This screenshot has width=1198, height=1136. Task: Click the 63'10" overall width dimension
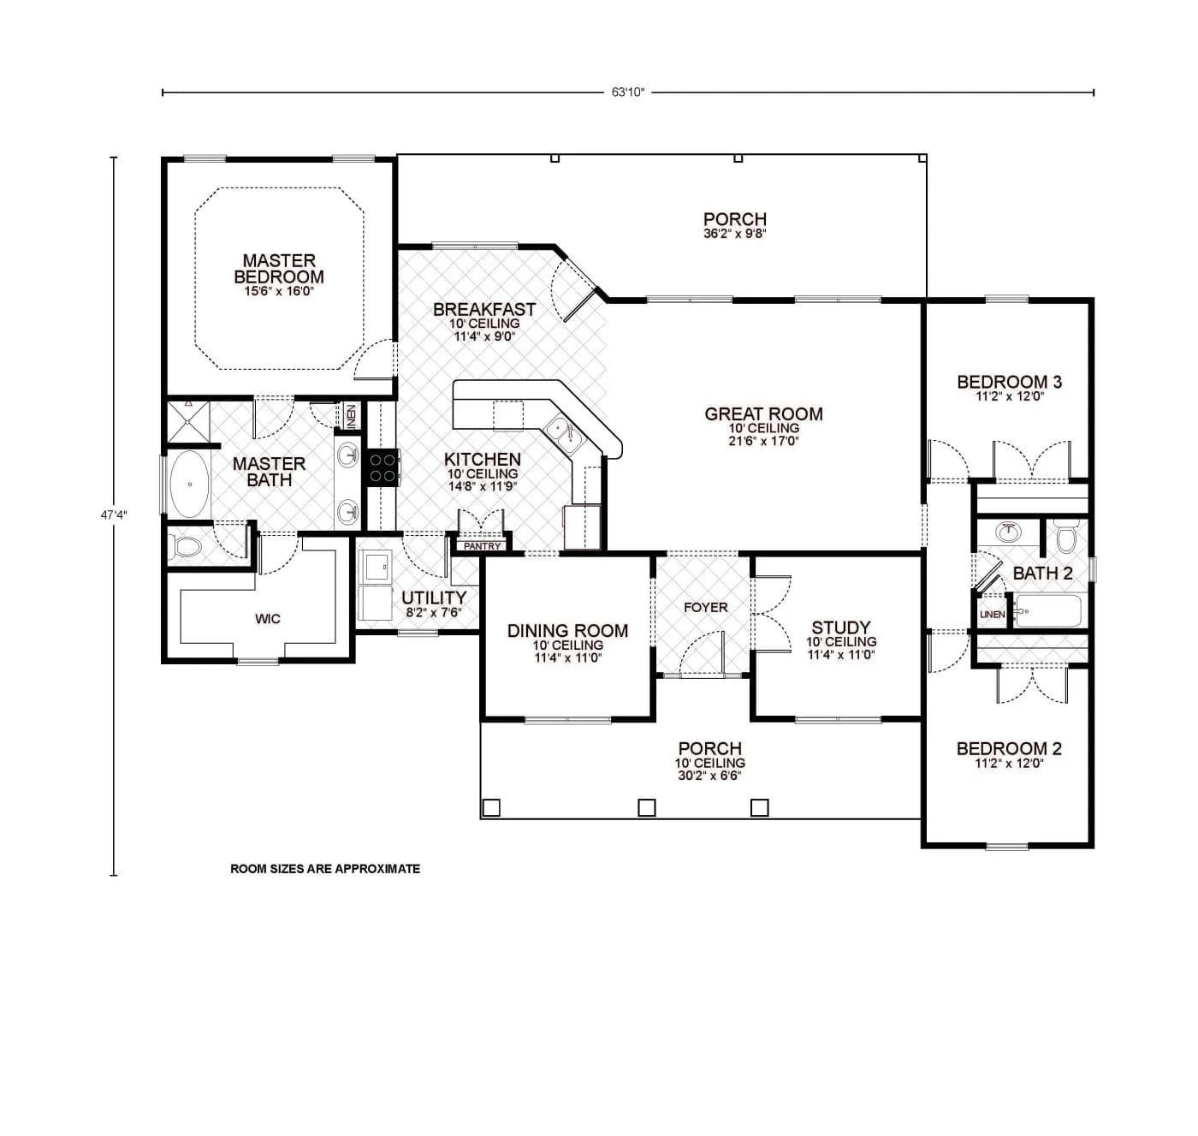pos(626,92)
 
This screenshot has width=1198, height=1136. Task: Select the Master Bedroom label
pos(279,268)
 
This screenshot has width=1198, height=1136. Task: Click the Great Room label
pos(763,414)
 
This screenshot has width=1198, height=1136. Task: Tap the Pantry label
pos(482,546)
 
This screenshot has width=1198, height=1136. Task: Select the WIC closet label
pos(268,619)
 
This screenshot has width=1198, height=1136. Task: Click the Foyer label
pos(705,608)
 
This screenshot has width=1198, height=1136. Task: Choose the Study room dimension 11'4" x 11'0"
pos(841,656)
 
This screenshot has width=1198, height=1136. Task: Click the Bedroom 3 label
pos(1009,382)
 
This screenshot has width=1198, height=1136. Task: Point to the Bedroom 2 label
pos(1009,749)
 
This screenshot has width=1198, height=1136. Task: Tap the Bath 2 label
pos(1042,574)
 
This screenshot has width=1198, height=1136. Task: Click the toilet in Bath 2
pos(1065,537)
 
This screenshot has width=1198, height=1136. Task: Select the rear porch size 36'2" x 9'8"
pos(734,234)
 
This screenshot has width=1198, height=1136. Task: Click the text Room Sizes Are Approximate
pos(325,869)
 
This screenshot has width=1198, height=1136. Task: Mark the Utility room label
pos(434,598)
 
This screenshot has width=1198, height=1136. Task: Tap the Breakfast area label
pos(484,309)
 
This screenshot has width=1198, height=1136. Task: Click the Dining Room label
pos(567,631)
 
